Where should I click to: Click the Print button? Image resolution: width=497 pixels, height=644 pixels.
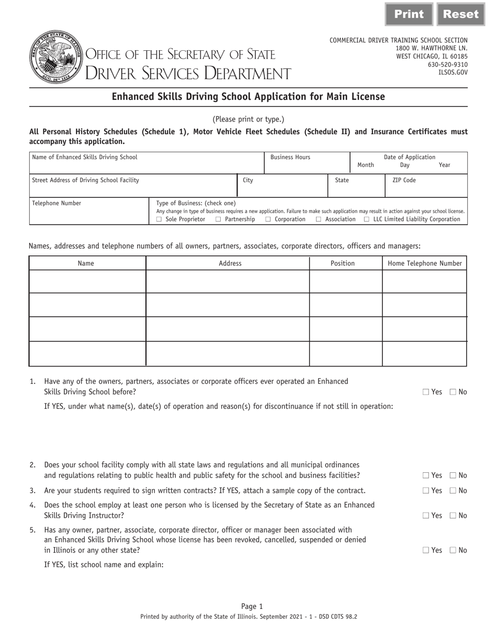click(409, 14)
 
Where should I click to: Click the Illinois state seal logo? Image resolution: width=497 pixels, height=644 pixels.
click(56, 57)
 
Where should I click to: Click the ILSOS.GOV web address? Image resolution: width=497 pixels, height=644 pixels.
click(453, 73)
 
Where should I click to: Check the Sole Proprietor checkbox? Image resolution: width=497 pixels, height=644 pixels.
click(159, 219)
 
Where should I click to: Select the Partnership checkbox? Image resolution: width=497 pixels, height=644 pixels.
click(218, 219)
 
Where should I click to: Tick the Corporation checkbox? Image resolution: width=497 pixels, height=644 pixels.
click(268, 219)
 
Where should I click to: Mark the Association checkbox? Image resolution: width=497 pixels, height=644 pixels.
click(319, 219)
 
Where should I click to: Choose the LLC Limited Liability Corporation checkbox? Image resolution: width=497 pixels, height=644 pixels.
click(367, 219)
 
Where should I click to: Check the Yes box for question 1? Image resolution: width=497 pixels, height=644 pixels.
click(425, 392)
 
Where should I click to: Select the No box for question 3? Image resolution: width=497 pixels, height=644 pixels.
click(453, 491)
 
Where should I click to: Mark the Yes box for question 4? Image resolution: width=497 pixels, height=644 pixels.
click(425, 516)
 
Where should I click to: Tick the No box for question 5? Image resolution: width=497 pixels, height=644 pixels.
click(453, 550)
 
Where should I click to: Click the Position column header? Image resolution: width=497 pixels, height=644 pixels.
click(343, 263)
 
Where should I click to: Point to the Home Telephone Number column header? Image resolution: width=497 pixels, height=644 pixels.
click(424, 263)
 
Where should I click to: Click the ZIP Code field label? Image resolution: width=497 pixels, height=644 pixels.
click(404, 180)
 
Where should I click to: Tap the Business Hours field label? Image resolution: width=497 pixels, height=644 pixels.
click(290, 157)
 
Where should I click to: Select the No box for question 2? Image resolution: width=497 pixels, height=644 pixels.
click(453, 476)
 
